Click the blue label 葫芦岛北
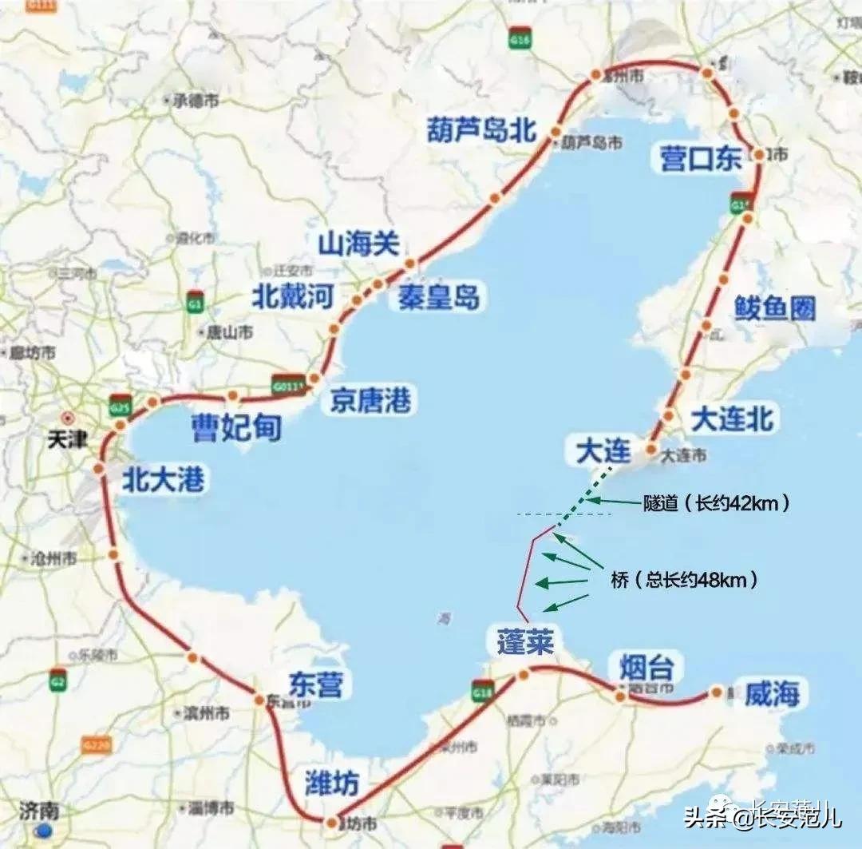point(481,128)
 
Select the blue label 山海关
point(358,243)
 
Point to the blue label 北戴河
point(292,296)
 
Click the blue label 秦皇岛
point(435,297)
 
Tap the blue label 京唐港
point(371,400)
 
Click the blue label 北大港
point(163,478)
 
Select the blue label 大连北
point(732,419)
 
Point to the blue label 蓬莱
point(524,641)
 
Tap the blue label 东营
point(320,684)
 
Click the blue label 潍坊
point(332,782)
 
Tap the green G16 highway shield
point(522,38)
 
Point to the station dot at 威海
point(717,692)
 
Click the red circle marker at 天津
point(69,417)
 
